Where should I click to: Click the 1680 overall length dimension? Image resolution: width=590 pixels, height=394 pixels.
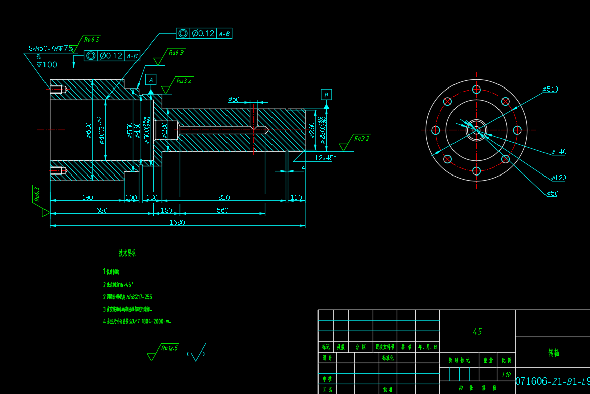coord(177,222)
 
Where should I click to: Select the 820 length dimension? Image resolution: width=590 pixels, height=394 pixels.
coord(224,197)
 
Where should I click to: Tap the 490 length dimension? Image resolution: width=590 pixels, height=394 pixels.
coord(87,197)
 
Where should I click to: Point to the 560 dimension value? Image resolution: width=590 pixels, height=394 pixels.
coord(222,210)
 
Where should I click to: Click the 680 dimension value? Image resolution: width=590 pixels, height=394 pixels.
coord(102,210)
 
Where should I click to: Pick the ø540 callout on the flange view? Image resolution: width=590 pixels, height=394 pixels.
coord(550,90)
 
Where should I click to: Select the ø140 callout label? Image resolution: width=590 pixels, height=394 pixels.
coord(559,152)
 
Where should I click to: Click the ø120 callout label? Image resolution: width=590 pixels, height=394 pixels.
coord(559,178)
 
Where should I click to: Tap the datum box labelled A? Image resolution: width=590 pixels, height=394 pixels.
coord(151,79)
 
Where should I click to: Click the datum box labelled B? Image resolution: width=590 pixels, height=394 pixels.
coord(326,95)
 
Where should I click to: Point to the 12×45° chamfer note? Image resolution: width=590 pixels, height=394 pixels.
coord(325,158)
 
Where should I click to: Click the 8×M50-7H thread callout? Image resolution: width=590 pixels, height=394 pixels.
coord(51,49)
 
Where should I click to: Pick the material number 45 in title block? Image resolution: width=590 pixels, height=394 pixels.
coord(477,332)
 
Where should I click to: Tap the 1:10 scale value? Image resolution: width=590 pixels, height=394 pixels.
coord(506,375)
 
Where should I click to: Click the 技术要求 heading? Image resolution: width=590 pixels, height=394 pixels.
coord(127,253)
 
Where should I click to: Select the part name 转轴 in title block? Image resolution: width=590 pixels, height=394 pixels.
coord(553,353)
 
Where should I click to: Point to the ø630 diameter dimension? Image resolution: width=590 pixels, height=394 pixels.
coord(88,130)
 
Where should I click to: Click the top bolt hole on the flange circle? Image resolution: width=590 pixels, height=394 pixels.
coord(476,90)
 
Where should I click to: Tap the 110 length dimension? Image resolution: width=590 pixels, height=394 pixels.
coord(296,197)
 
